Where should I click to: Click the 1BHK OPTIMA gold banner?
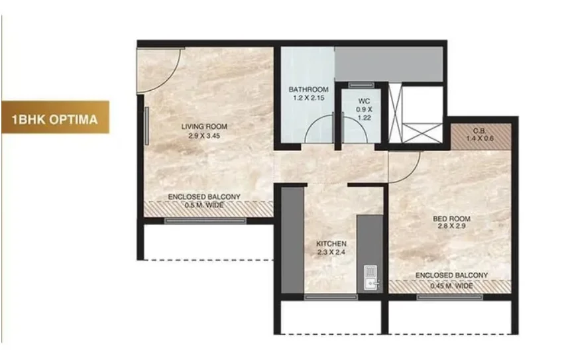(x=55, y=117)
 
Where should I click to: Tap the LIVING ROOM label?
(x=204, y=127)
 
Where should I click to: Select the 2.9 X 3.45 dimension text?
(x=204, y=136)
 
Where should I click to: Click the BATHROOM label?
(x=309, y=90)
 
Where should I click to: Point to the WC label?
(x=364, y=101)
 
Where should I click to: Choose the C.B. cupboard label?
(x=480, y=131)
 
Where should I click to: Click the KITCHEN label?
(x=331, y=244)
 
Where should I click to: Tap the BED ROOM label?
(x=451, y=219)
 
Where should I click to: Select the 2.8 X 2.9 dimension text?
(x=451, y=226)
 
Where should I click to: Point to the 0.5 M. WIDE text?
(x=204, y=206)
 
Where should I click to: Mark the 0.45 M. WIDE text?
(x=451, y=286)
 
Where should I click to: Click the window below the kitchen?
(x=331, y=297)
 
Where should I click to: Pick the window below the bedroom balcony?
(x=450, y=297)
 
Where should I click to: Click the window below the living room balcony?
(x=205, y=221)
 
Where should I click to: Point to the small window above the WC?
(x=362, y=86)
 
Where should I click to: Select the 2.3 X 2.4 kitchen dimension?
(x=331, y=252)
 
